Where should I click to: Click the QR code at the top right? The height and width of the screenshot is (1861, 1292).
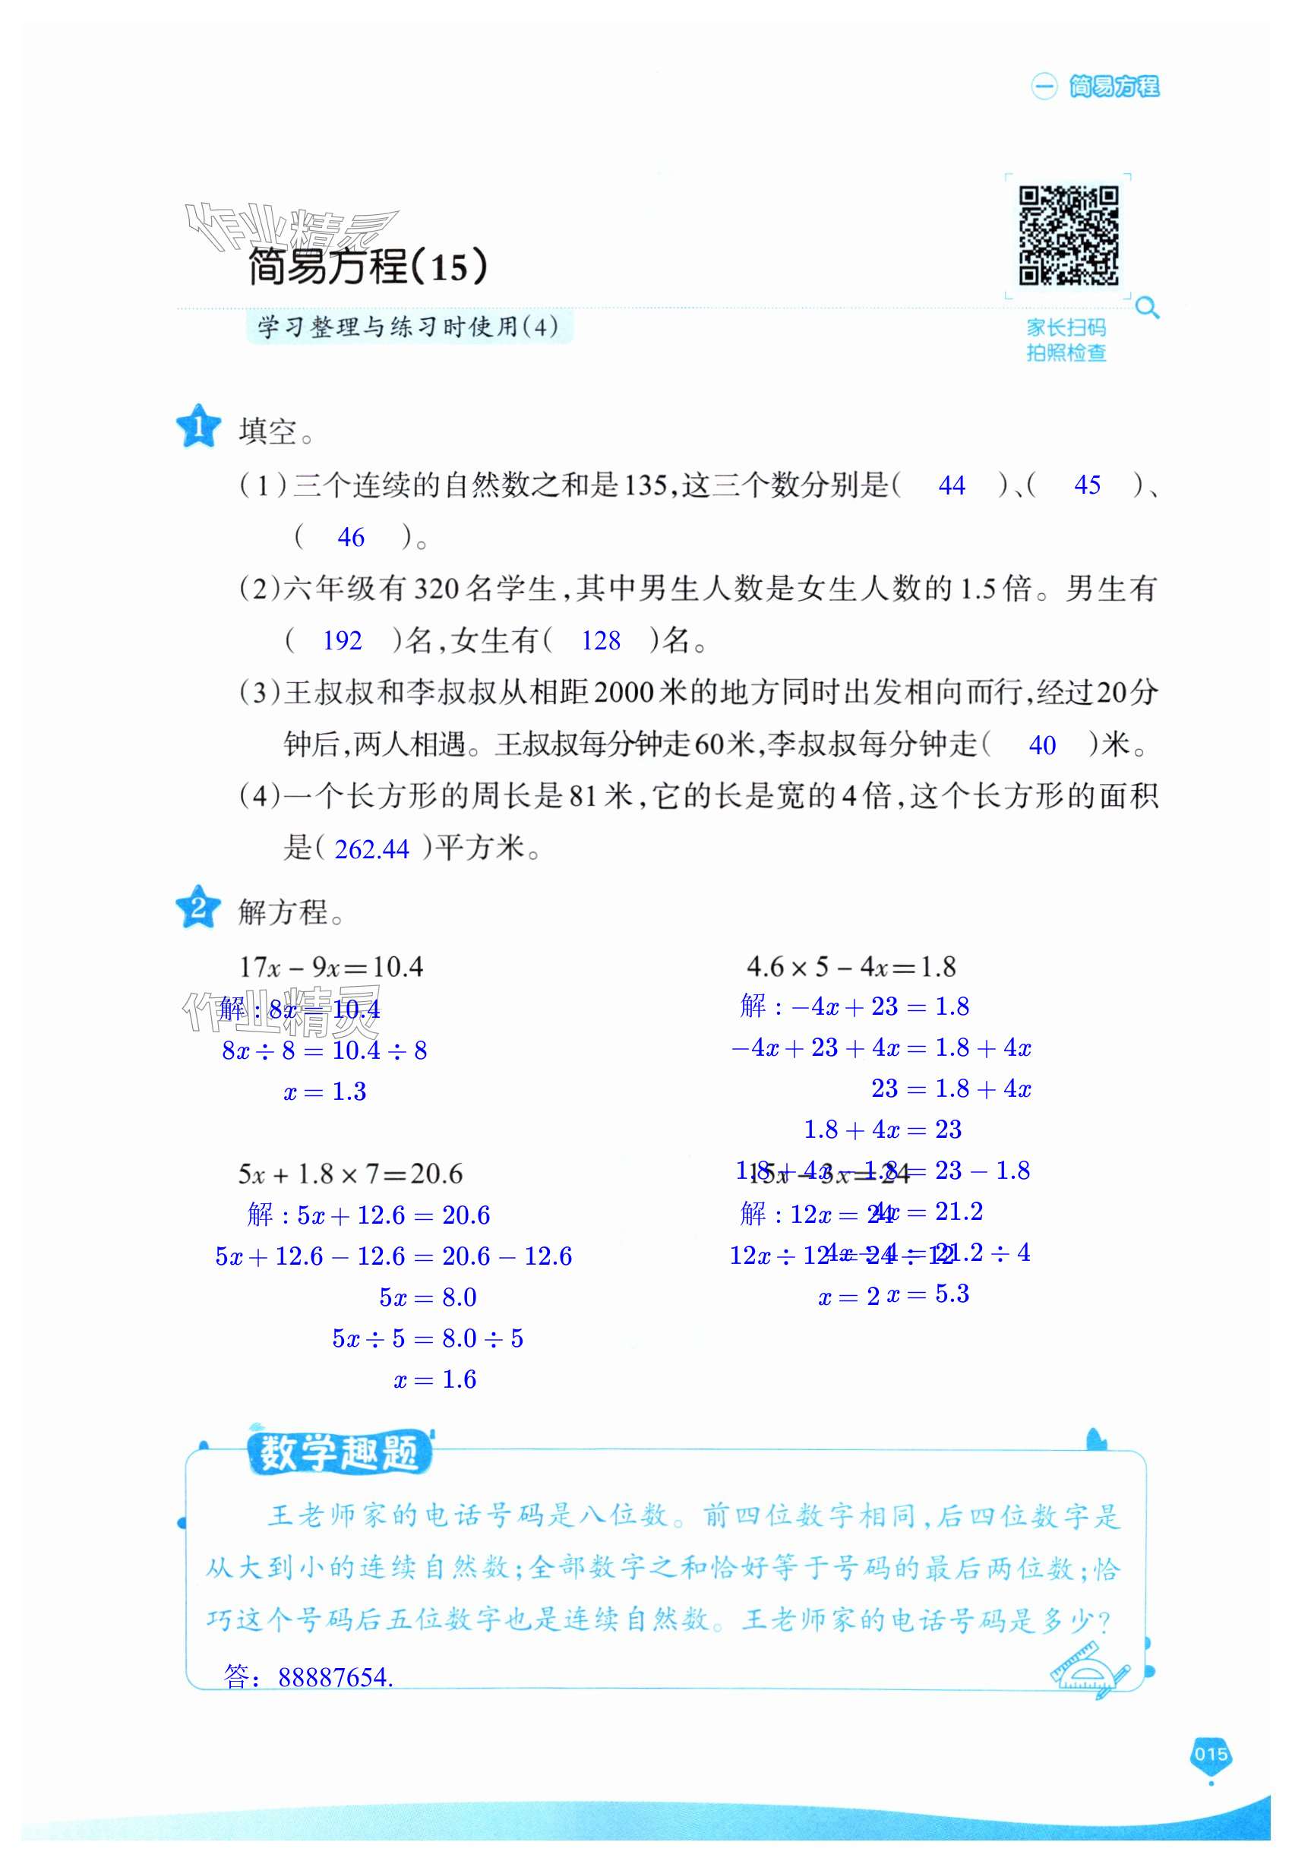tap(1068, 235)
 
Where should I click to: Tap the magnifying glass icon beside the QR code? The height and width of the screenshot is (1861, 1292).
tap(1147, 308)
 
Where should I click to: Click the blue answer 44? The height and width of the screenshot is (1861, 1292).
tap(951, 485)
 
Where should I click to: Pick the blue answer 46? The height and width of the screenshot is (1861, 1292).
tap(350, 538)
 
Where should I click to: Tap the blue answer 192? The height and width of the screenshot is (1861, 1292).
tap(342, 641)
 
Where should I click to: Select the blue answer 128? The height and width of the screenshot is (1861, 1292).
tap(600, 641)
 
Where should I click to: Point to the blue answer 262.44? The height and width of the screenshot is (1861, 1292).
tap(371, 849)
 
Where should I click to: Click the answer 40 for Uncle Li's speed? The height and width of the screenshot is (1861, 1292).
tap(1042, 744)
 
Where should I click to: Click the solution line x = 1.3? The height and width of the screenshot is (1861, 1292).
tap(325, 1092)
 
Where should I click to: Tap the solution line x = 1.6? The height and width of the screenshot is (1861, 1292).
tap(434, 1379)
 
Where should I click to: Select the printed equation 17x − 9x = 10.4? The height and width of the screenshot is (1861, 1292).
tap(331, 966)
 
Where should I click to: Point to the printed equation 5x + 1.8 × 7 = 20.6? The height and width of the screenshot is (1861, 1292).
tap(350, 1174)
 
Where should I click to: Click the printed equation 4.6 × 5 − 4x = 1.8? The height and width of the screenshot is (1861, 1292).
tap(851, 966)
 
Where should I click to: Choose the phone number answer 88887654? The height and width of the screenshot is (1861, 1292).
tap(334, 1677)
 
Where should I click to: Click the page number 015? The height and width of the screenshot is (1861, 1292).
tap(1210, 1755)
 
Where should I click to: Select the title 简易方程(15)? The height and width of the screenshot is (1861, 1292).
tap(368, 267)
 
